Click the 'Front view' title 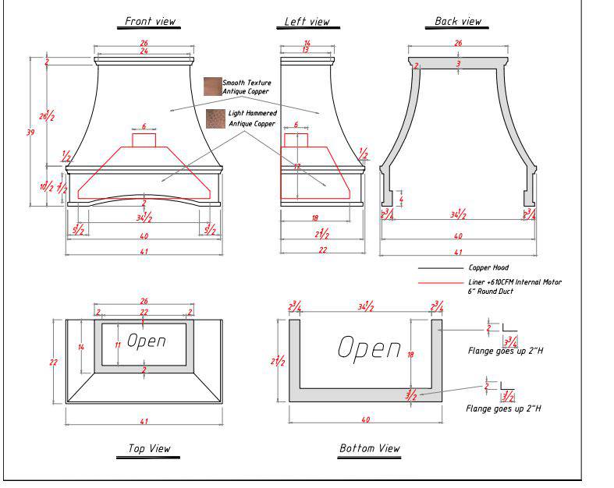click(x=151, y=22)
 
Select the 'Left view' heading click(x=307, y=22)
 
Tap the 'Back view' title click(x=458, y=22)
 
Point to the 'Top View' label click(x=149, y=448)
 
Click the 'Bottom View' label click(x=370, y=448)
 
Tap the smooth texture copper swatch click(x=212, y=87)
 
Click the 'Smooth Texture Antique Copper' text click(x=246, y=87)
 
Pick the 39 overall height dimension click(x=30, y=133)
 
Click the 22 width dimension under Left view click(x=322, y=249)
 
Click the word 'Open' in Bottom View click(x=370, y=348)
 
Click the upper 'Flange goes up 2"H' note click(x=505, y=351)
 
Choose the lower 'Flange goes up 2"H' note click(x=503, y=408)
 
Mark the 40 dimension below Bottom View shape click(x=366, y=420)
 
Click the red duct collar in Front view click(x=144, y=140)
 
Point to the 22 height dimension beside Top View click(x=54, y=362)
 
